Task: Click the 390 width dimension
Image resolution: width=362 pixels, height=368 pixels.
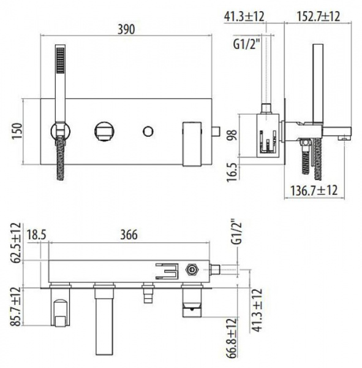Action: pos(126,29)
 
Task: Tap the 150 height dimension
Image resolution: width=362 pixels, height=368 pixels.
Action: pos(17,131)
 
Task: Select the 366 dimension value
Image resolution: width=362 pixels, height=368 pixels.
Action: pos(129,234)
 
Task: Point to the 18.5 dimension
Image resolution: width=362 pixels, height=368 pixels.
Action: pos(36,234)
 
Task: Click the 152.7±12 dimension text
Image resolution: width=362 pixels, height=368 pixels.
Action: pos(319,17)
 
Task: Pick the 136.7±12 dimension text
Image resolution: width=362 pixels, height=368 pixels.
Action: pos(314,190)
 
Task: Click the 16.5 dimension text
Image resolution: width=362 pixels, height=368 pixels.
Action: pos(232,173)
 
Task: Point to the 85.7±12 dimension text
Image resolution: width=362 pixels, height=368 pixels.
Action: pos(16,307)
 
